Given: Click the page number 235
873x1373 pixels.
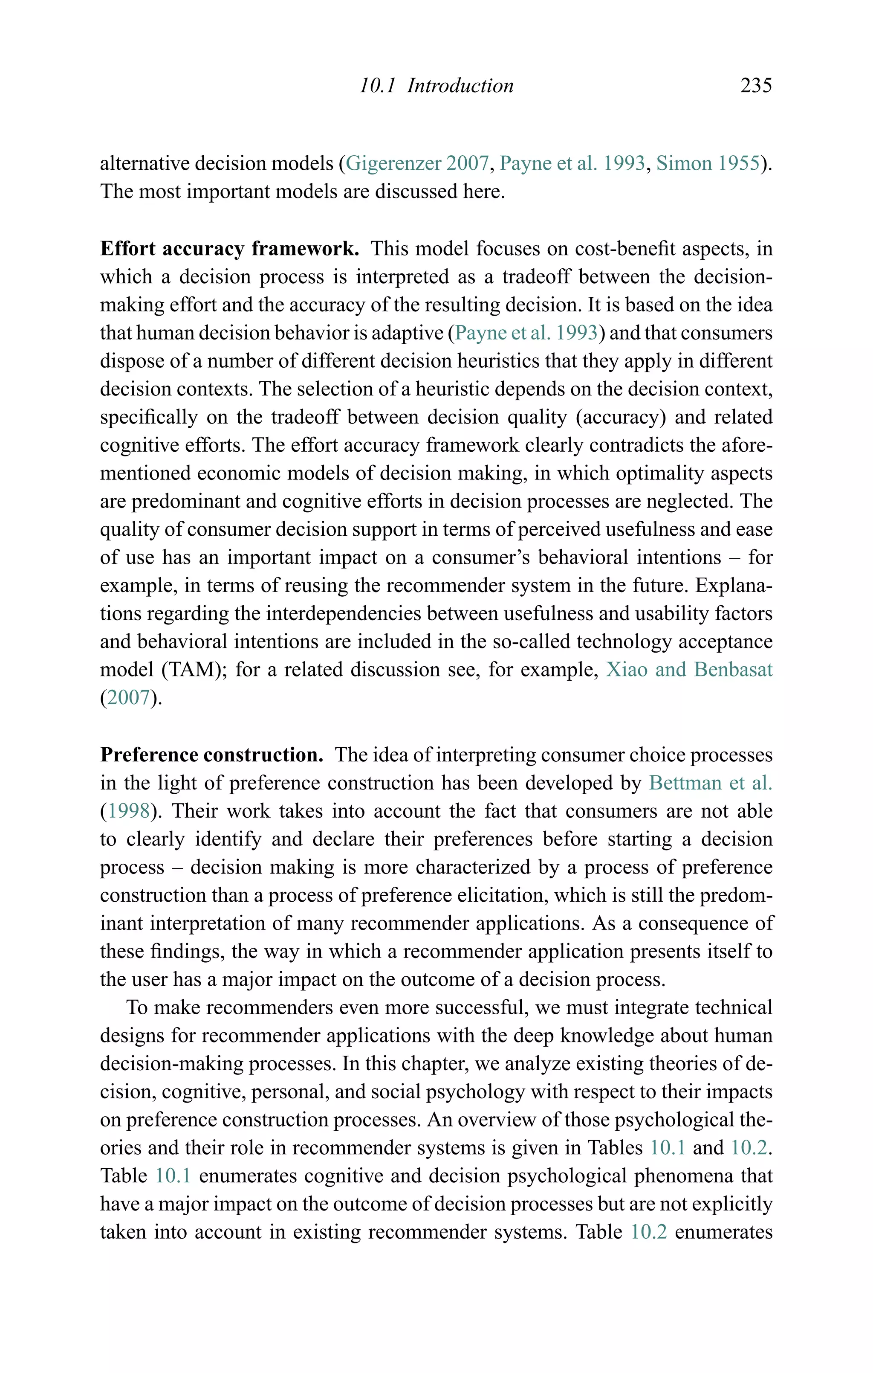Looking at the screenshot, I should coord(756,86).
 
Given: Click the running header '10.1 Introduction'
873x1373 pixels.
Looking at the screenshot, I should coord(436,86).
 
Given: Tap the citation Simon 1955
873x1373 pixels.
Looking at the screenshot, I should coord(708,164).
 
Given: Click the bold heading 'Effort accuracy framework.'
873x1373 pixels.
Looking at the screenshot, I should coord(229,249).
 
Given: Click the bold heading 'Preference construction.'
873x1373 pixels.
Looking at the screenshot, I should coord(211,755).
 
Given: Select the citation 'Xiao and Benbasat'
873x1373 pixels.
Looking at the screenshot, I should coord(688,669).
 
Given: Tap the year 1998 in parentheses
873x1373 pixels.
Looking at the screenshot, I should coord(129,811).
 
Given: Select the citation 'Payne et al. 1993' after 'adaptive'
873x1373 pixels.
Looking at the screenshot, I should coord(526,333).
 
